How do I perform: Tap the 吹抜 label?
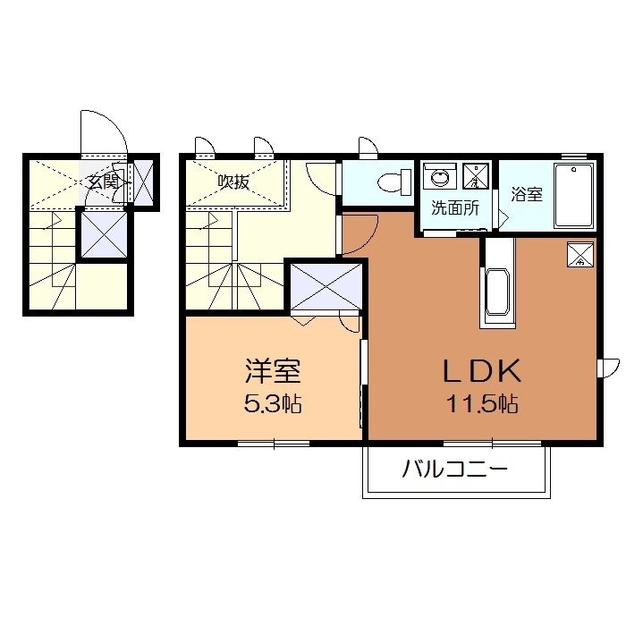coord(233,182)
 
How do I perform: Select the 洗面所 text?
coord(454,208)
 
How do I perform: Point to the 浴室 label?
coord(526,193)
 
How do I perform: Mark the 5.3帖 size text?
coord(272,403)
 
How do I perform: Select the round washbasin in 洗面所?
coord(439,177)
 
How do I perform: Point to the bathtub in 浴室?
coord(573,196)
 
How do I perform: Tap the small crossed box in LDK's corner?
coord(580,255)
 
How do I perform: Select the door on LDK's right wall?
coord(608,367)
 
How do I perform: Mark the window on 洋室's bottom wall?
coord(274,442)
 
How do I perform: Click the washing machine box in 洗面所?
coord(478,176)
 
